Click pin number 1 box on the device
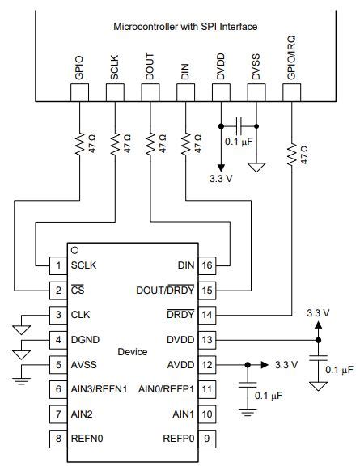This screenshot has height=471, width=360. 57,265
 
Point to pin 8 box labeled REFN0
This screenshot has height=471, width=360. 57,440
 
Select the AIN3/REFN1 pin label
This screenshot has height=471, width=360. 100,389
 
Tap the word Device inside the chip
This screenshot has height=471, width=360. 132,352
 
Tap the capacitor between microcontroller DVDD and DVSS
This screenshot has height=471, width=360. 239,125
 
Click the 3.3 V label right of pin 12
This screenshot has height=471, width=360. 286,364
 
